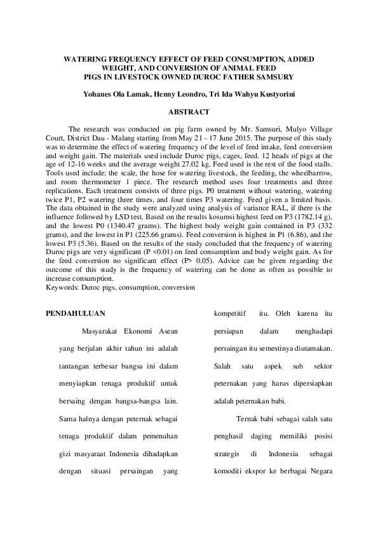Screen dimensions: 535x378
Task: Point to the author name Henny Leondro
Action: tap(181, 95)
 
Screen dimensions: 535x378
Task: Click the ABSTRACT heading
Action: tap(189, 112)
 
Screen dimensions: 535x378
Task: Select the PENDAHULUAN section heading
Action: tap(77, 313)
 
